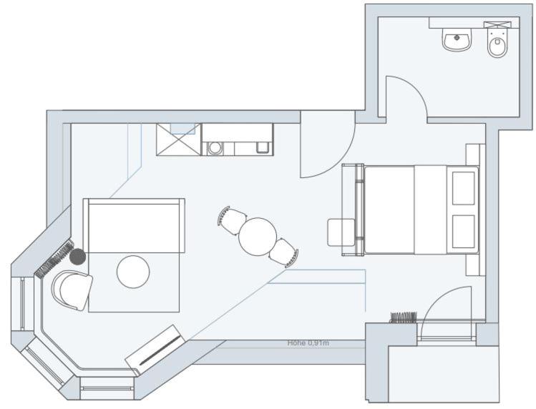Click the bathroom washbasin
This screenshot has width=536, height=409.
click(x=457, y=39)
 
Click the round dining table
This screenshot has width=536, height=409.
click(x=258, y=237)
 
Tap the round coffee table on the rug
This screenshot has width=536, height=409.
click(x=133, y=272)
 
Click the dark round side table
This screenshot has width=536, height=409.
click(x=78, y=256)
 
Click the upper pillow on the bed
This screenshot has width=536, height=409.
click(x=464, y=188)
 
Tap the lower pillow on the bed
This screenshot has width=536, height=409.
click(x=464, y=231)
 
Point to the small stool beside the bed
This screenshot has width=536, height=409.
click(x=341, y=232)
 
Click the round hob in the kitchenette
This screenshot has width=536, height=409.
click(x=215, y=148)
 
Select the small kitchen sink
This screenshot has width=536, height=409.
click(x=262, y=147)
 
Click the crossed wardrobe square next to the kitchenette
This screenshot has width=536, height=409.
click(x=179, y=139)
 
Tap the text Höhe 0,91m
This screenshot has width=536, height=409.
click(x=308, y=343)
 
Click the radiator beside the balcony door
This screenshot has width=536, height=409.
click(x=404, y=317)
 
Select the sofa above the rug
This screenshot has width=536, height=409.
click(x=134, y=225)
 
